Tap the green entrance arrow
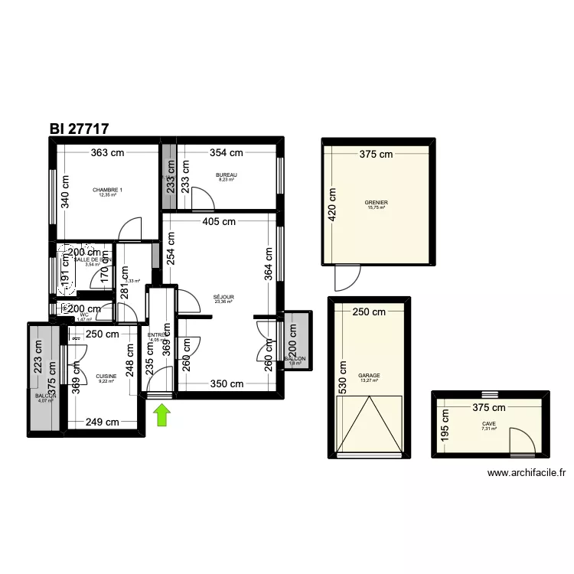[162, 416]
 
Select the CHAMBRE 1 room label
[107, 190]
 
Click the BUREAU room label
[227, 175]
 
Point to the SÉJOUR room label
[223, 297]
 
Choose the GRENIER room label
[377, 203]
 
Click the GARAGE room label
[369, 376]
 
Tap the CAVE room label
[489, 424]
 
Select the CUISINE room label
[106, 376]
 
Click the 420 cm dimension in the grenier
[332, 204]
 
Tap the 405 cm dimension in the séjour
[219, 223]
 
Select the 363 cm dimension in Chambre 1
[106, 152]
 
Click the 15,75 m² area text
[377, 207]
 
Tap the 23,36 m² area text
[223, 302]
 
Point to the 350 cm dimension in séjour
[227, 384]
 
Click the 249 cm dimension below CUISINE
[102, 422]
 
